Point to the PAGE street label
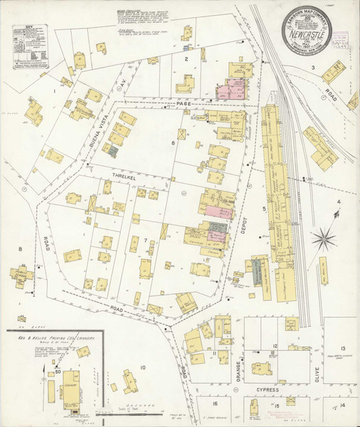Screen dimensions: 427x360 (x=185, y=104)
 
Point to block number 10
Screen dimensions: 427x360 (x=143, y=367)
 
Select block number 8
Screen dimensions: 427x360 (x=21, y=248)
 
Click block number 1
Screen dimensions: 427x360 (x=53, y=91)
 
